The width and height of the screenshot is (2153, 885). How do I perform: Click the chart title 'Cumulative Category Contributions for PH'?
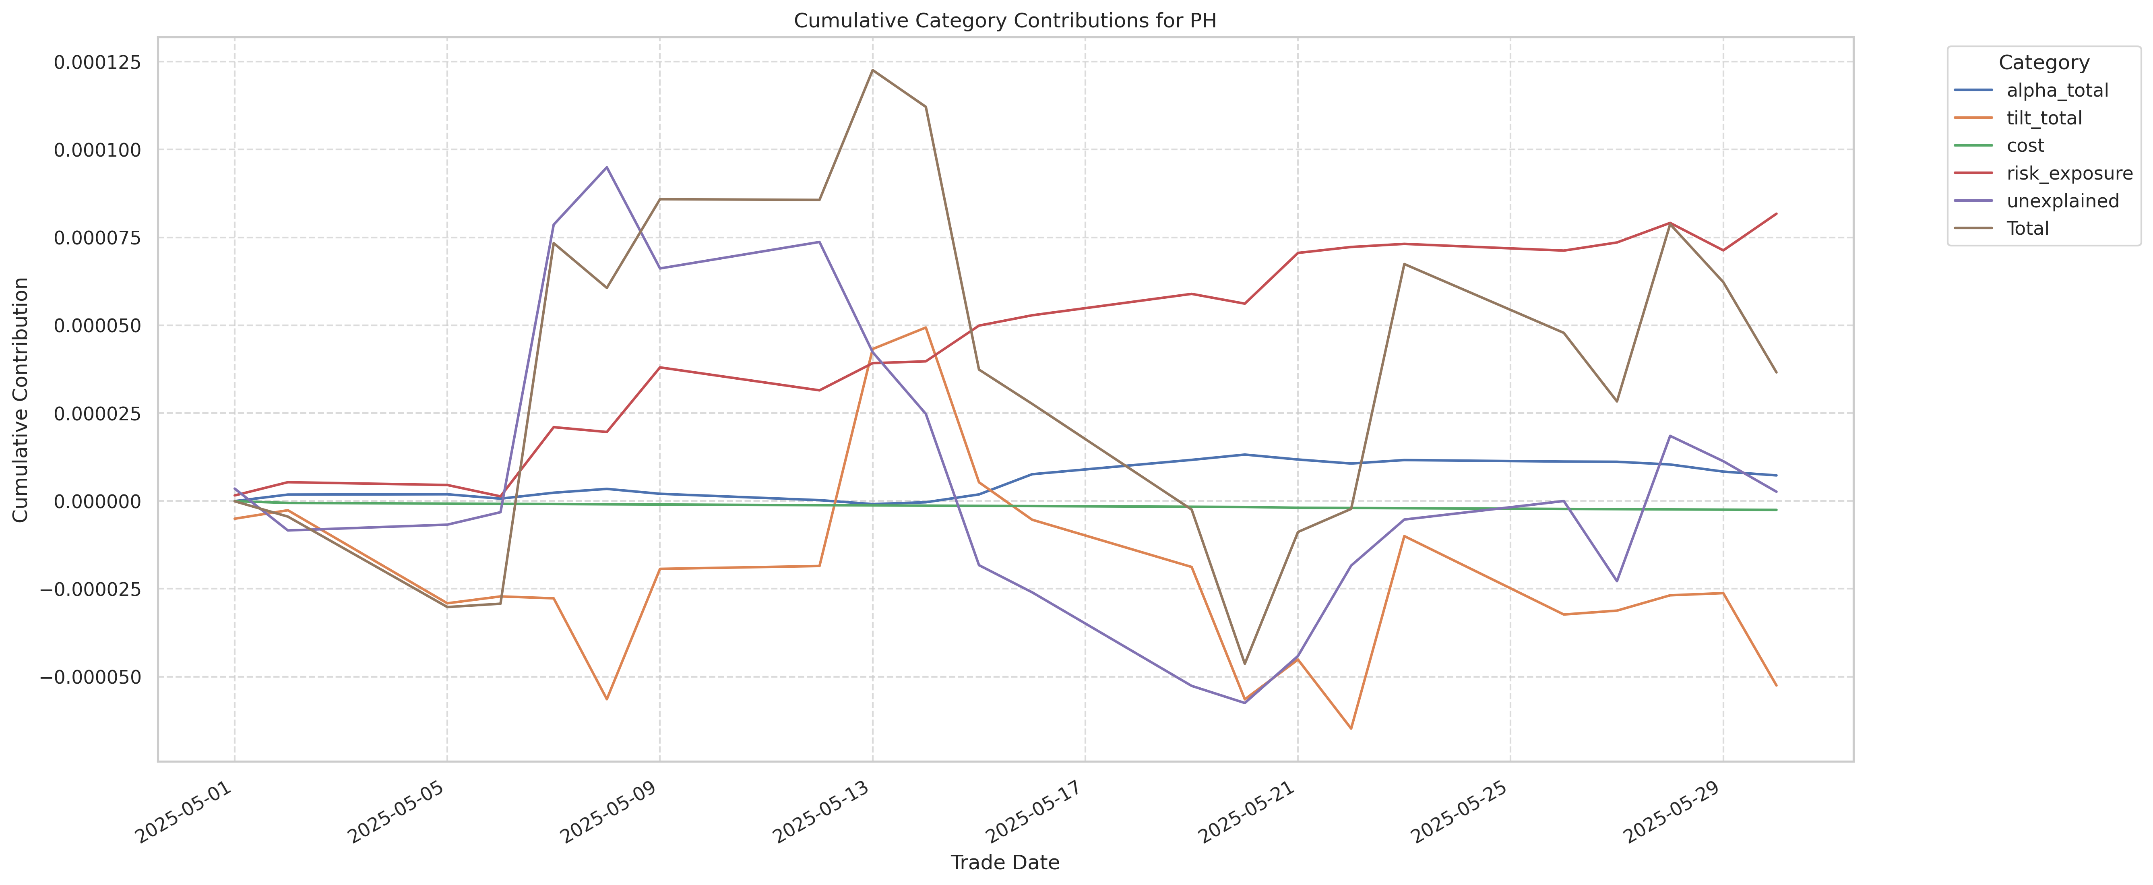tap(1004, 21)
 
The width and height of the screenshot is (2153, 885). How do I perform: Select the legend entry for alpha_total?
tap(2057, 90)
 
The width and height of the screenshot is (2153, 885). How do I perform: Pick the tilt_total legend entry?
tap(2043, 118)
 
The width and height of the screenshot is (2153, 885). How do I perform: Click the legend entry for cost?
tap(2025, 145)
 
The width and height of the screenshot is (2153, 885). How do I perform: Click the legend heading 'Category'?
tap(2043, 63)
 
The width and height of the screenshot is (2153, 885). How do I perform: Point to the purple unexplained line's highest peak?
tap(607, 167)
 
